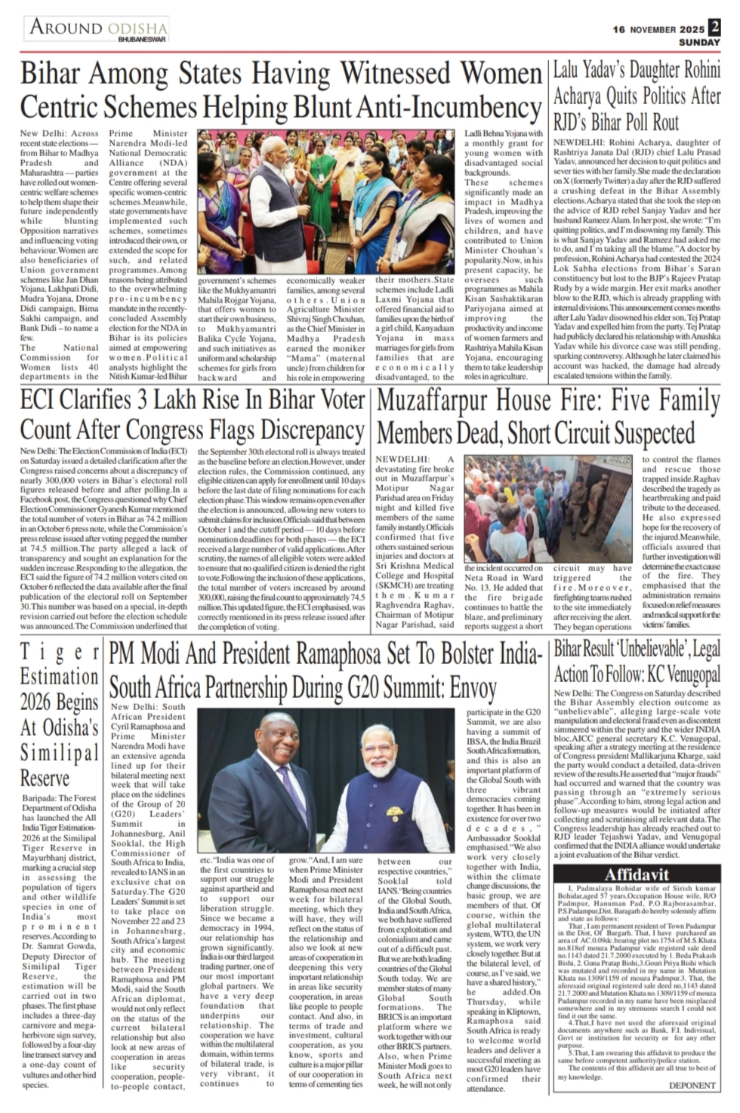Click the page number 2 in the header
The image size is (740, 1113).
(x=714, y=26)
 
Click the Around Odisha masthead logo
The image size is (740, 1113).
(x=97, y=28)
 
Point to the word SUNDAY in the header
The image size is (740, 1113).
(x=699, y=42)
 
